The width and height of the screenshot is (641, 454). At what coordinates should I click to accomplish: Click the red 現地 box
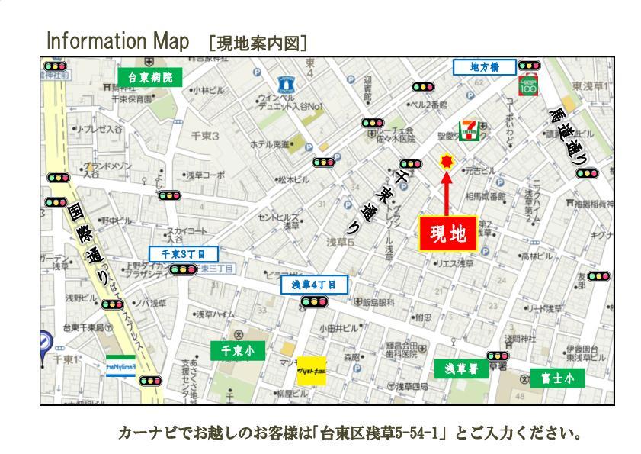[448, 234]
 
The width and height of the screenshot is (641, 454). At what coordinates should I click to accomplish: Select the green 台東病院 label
[150, 77]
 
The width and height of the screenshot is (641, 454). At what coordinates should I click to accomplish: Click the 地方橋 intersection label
[484, 67]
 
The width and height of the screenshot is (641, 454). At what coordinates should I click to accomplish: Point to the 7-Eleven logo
[469, 130]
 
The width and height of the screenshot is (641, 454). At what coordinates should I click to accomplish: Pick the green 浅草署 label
[461, 369]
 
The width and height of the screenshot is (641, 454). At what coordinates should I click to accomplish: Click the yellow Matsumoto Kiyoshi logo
[311, 370]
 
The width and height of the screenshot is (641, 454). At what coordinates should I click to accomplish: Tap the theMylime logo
[120, 367]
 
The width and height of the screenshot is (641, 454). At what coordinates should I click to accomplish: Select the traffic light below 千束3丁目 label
[183, 269]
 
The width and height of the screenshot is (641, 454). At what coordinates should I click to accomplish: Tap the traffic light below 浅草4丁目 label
[313, 302]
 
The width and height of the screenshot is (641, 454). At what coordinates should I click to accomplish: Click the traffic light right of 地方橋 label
[527, 66]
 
